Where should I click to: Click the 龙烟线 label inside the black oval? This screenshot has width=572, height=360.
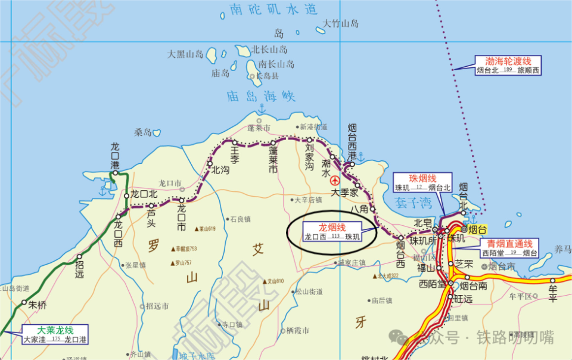332,227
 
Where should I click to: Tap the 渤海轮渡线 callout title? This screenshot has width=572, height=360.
508,61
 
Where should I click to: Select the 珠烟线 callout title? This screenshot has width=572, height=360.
422,178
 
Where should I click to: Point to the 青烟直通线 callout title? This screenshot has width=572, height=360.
509,243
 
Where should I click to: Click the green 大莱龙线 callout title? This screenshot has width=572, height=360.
55,330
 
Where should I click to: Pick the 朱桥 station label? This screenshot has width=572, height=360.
37,305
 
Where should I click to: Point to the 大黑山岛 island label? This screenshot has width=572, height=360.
185,54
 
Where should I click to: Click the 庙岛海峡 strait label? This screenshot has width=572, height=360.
261,96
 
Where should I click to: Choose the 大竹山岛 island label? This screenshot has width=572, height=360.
341,24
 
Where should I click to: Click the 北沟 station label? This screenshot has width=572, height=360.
220,169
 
